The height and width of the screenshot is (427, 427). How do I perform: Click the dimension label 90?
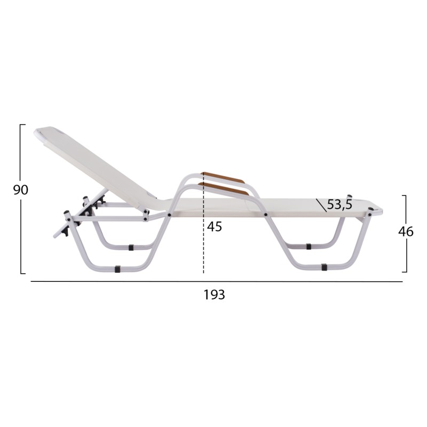(x=21, y=190)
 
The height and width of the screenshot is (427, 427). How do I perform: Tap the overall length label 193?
(x=215, y=295)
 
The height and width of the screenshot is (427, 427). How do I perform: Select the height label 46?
(x=406, y=232)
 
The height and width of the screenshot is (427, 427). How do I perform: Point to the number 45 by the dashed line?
(x=215, y=226)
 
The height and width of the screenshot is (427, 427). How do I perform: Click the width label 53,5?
(x=339, y=204)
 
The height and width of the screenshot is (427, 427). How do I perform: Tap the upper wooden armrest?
(x=223, y=177)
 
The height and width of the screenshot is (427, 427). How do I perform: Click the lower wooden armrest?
(x=223, y=188)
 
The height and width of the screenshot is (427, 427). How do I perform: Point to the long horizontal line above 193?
(x=217, y=282)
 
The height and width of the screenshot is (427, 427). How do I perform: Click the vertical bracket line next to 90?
(x=21, y=199)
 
